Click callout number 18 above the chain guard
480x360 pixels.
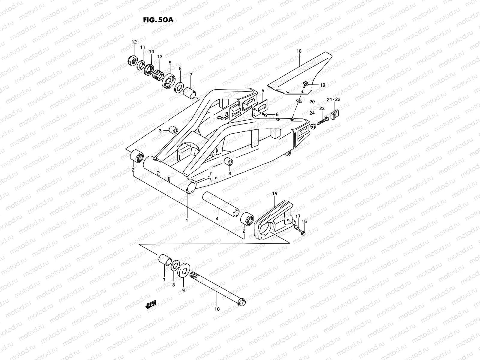[x=299, y=51]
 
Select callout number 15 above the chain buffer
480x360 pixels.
[x=274, y=194]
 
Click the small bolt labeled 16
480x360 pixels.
[x=303, y=232]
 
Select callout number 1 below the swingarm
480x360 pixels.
[x=187, y=220]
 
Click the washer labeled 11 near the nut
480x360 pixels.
[x=141, y=65]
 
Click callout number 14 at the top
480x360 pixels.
[x=151, y=52]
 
